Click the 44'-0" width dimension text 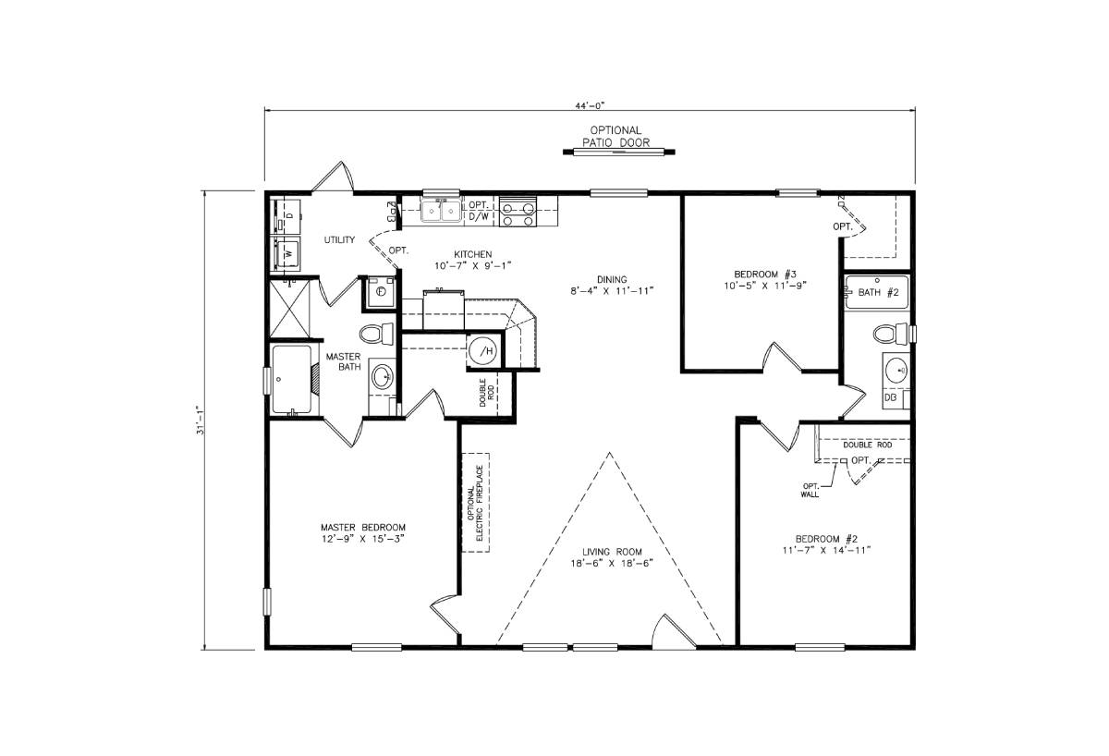click(x=591, y=106)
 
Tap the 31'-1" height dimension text click(x=200, y=421)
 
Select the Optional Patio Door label click(x=615, y=137)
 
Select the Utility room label click(x=339, y=240)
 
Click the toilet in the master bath click(x=374, y=333)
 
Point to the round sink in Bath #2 click(x=896, y=370)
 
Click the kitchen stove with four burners click(x=518, y=212)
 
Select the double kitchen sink click(x=442, y=212)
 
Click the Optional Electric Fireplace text click(x=476, y=503)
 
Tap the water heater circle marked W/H click(x=483, y=350)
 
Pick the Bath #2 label click(x=878, y=292)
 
